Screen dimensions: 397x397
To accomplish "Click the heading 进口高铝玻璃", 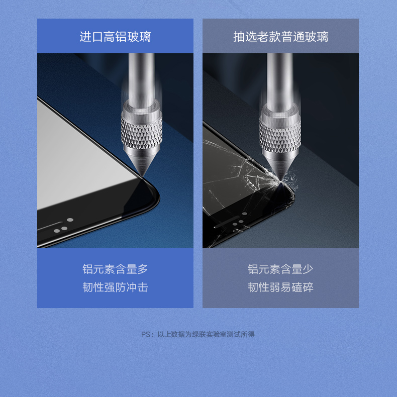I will [115, 37].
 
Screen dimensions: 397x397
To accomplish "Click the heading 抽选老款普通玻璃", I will [280, 37].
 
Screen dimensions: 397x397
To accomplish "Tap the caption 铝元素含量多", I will [115, 269].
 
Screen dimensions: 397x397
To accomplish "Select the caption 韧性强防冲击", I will [115, 287].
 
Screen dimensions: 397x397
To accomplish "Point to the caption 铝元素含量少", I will [280, 269].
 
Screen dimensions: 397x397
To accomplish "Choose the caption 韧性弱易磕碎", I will [280, 287].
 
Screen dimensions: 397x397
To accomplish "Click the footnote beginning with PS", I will [198, 334].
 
